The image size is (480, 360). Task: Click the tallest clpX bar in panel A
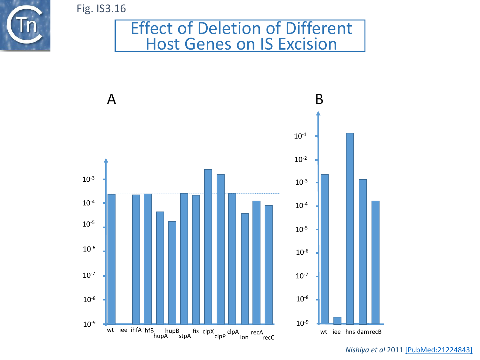coord(208,246)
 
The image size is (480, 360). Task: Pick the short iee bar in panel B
coord(337,321)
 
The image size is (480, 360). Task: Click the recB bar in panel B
coord(375,262)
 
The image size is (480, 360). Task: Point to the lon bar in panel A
coord(245,269)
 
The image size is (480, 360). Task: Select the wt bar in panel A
coord(111,259)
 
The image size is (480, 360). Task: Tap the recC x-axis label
coord(268,338)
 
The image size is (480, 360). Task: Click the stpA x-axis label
coord(185,336)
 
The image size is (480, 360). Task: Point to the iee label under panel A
coord(123,330)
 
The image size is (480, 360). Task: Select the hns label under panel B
coord(350,332)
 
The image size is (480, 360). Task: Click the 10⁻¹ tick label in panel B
coord(300,136)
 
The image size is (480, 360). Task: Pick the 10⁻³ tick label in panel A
coord(88,179)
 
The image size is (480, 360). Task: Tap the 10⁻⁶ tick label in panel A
coord(89,249)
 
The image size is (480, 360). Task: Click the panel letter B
coord(319,99)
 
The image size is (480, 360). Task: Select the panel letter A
coord(111,99)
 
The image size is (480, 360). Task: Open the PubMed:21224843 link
coord(439,350)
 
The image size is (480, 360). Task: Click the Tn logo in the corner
coord(25,25)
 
